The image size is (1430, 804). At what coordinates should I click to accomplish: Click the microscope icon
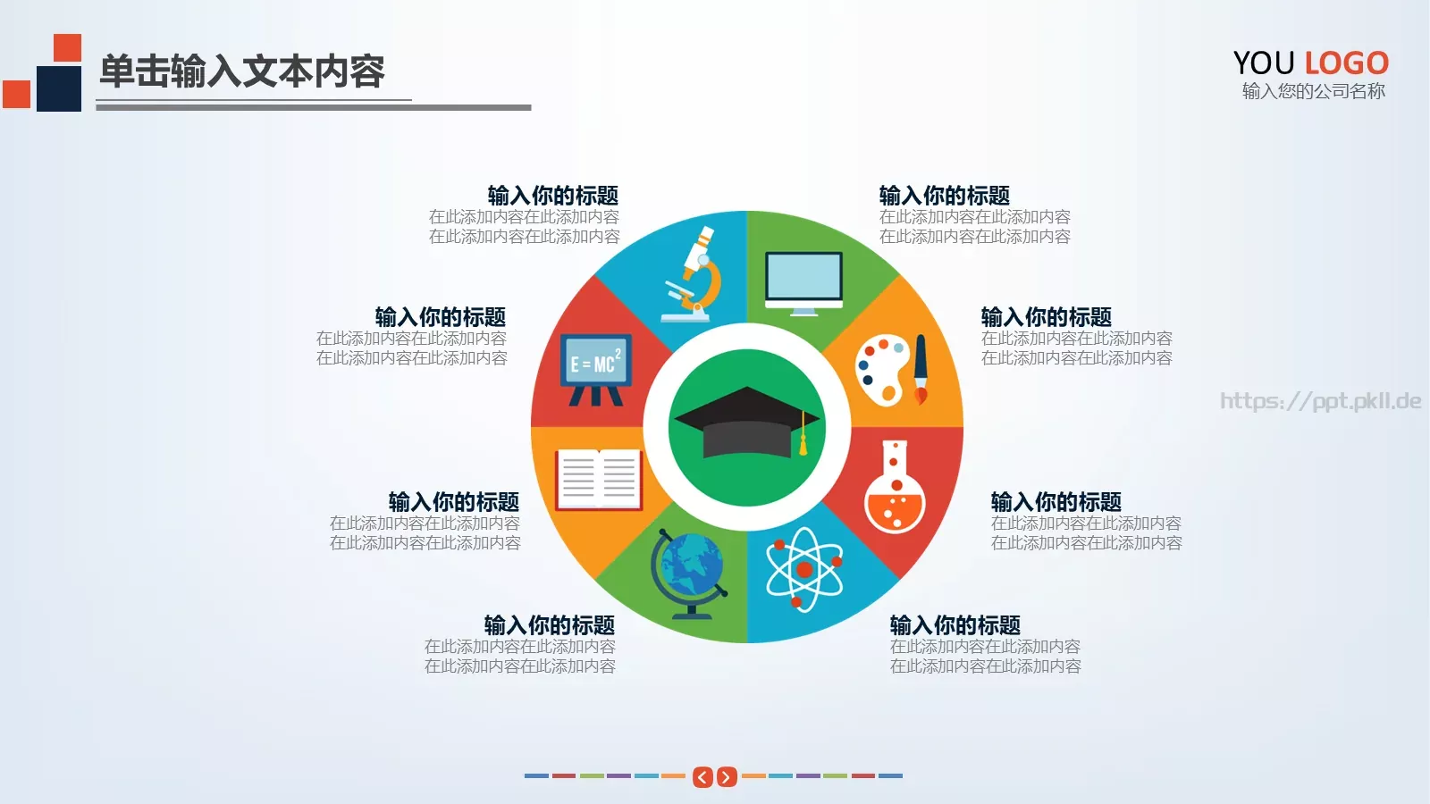[x=693, y=274]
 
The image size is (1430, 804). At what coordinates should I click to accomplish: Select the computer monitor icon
[x=803, y=281]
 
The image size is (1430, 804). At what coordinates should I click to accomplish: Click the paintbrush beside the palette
[x=921, y=369]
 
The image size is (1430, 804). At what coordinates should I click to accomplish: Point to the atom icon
[x=803, y=568]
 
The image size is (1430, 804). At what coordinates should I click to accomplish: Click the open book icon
[x=598, y=480]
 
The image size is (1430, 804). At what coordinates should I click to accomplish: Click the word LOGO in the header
[x=1346, y=63]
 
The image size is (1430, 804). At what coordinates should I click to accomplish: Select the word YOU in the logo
[x=1264, y=63]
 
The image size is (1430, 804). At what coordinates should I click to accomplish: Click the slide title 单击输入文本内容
[x=241, y=71]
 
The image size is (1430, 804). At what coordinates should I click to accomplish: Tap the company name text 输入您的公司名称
[x=1313, y=91]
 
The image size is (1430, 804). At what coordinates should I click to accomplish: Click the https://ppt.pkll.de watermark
[x=1320, y=401]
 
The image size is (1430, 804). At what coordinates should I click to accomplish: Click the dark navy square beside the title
[x=59, y=88]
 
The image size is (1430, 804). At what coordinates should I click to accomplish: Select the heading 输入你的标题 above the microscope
[x=552, y=196]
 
